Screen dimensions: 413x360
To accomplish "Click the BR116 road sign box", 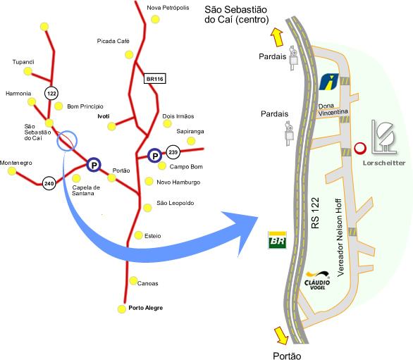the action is (155, 78).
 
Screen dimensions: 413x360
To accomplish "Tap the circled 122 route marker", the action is (51, 93).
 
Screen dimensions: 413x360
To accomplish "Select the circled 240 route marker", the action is (49, 183).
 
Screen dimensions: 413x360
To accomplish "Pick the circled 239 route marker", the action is (173, 152).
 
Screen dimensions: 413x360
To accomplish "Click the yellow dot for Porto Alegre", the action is (122, 309).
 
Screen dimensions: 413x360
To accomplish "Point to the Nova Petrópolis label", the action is (168, 8).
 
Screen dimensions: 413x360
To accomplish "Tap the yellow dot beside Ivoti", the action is (111, 126).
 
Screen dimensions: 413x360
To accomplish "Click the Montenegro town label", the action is (16, 163).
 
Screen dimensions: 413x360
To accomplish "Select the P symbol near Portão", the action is (94, 165).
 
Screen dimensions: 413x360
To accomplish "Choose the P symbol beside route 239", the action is (154, 156).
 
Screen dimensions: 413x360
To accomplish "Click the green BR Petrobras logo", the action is (277, 240).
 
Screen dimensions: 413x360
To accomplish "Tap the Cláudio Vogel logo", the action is (317, 280).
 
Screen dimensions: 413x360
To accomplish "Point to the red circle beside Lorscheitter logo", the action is (360, 148).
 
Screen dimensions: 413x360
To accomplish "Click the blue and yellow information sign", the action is (329, 82).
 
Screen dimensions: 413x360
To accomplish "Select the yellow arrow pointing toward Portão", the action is (281, 335).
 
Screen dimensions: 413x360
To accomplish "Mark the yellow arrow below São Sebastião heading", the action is (277, 37).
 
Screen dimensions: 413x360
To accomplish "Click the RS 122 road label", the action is (315, 213).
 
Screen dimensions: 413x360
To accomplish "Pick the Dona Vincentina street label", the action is (333, 110).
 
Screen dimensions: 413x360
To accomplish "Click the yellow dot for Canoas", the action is (133, 280).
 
